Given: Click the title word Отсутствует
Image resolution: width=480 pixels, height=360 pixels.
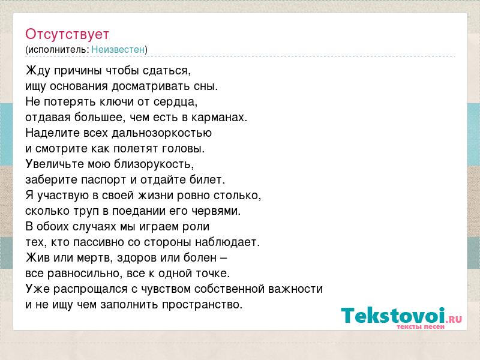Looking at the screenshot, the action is (x=67, y=34).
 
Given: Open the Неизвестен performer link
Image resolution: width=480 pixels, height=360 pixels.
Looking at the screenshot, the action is (x=118, y=49).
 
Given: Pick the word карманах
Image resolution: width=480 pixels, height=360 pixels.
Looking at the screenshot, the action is (x=219, y=117).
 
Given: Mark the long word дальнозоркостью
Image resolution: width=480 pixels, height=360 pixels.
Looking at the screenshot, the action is (x=161, y=133).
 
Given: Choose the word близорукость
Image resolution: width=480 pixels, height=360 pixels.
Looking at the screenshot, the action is (x=154, y=164).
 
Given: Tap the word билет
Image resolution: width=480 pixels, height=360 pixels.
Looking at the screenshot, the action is (x=207, y=179).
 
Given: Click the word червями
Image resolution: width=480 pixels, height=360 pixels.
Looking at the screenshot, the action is (x=216, y=211).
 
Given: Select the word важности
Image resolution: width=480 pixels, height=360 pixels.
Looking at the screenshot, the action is (x=295, y=289).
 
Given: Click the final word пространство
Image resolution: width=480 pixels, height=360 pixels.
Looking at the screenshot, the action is (x=202, y=305).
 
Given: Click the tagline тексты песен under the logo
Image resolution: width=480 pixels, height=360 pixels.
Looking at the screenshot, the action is (x=421, y=326).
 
